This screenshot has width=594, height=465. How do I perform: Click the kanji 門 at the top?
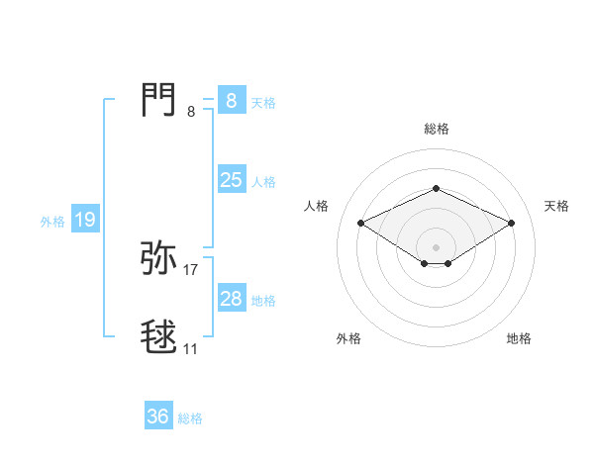(x=159, y=100)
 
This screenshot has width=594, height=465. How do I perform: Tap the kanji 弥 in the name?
(x=159, y=258)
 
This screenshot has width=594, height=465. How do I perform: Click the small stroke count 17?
(x=191, y=269)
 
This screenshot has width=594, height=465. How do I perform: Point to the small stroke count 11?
(x=191, y=348)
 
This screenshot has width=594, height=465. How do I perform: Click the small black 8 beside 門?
(x=191, y=112)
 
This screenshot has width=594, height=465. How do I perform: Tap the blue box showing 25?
(x=231, y=180)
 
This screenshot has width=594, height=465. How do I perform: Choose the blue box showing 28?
(x=231, y=299)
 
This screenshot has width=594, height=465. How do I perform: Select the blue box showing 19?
(x=84, y=220)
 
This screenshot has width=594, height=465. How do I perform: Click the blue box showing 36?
(x=157, y=417)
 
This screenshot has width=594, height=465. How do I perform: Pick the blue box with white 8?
(x=231, y=101)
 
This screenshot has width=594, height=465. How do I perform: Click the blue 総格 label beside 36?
(x=190, y=418)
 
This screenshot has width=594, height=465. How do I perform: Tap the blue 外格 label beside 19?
(x=52, y=222)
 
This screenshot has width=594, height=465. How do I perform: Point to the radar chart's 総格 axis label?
(x=436, y=129)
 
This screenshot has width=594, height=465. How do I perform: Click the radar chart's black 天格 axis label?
(x=557, y=206)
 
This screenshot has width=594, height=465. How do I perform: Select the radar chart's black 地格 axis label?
(x=519, y=338)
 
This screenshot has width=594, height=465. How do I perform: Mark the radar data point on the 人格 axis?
(x=360, y=223)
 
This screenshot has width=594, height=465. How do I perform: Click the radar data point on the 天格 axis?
(x=512, y=223)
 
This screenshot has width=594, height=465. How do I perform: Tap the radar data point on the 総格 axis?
(x=436, y=188)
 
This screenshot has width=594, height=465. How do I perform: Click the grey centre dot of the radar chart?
(x=436, y=246)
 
